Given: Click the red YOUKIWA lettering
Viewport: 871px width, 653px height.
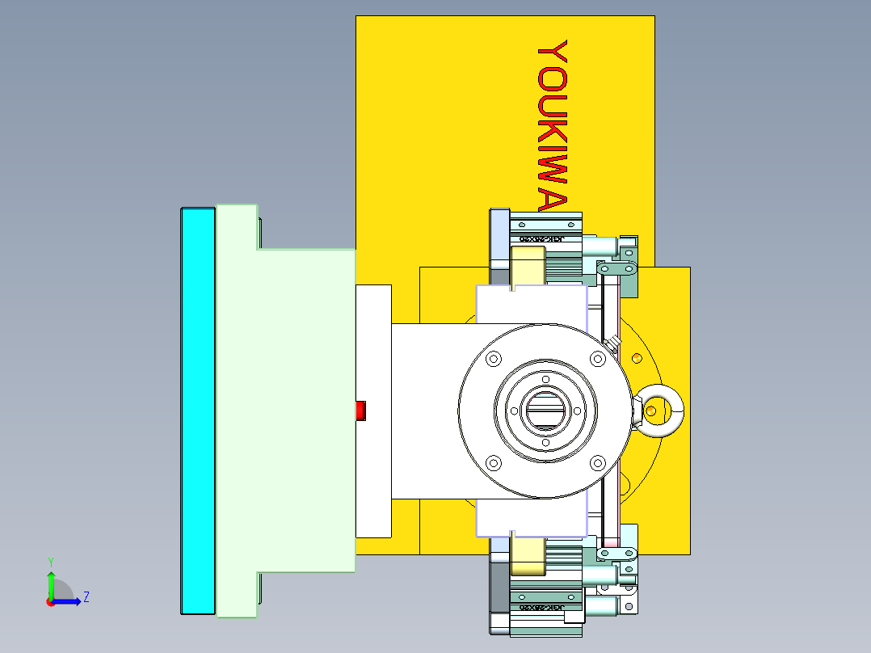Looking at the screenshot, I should pyautogui.click(x=553, y=125).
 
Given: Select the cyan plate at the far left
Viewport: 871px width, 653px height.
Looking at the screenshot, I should pyautogui.click(x=197, y=411).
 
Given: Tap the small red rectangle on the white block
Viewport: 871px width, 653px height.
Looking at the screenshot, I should pyautogui.click(x=361, y=411).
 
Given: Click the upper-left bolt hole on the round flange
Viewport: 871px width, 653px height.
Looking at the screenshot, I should pyautogui.click(x=492, y=358).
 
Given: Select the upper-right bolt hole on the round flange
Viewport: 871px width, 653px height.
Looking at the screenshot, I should pyautogui.click(x=597, y=358).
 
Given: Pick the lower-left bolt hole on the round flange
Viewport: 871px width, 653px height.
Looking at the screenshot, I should pyautogui.click(x=492, y=462).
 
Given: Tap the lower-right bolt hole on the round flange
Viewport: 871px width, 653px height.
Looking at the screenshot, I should pyautogui.click(x=597, y=462).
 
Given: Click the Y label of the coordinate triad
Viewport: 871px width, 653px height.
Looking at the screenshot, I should pyautogui.click(x=50, y=561).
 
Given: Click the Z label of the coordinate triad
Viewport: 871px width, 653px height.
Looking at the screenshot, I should pyautogui.click(x=86, y=597).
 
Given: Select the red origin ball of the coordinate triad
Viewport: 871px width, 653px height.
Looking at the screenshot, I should pyautogui.click(x=50, y=601).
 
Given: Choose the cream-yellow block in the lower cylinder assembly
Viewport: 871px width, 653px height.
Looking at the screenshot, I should pyautogui.click(x=528, y=556).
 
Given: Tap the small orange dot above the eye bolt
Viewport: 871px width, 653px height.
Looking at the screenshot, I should pyautogui.click(x=637, y=357).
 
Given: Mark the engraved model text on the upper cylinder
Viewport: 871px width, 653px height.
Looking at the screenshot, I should pyautogui.click(x=541, y=239).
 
